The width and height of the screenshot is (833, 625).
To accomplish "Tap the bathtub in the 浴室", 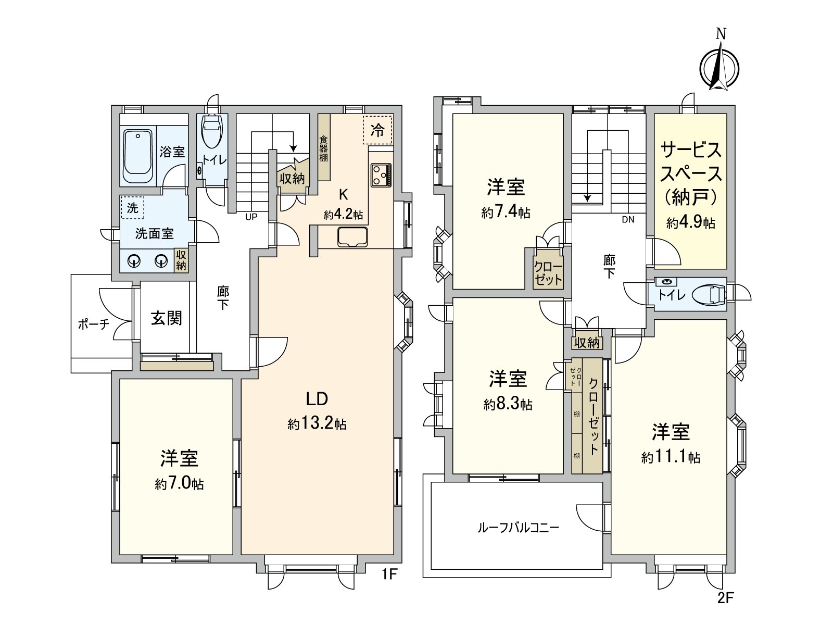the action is pos(138,156).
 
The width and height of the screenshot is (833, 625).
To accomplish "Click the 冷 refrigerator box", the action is pos(377,130).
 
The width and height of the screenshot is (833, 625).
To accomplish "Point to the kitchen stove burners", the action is pos(381,175).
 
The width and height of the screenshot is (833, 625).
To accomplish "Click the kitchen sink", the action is pos(352,238).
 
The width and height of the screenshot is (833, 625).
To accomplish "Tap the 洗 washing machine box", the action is pos(132,208).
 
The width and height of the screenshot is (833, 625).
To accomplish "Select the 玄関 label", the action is pos(166,318).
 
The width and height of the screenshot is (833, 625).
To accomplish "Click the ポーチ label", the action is pos(94,324).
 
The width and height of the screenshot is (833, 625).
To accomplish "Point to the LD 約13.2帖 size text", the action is pos(317,423).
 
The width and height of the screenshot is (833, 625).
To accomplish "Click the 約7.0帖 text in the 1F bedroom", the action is pos(179,484).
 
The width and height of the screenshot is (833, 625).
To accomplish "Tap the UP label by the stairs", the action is pos(251,217).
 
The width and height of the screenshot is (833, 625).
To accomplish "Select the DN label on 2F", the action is pos(628,219).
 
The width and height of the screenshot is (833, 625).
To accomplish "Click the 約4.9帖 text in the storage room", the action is pos(690,222).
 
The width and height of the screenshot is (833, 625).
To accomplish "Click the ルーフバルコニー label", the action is pos(518,528).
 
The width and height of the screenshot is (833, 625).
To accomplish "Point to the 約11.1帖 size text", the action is pos(671,457).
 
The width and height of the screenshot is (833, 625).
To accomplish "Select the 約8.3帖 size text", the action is pos(508,405).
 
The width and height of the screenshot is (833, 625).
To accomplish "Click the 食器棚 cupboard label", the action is pos(323,148).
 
